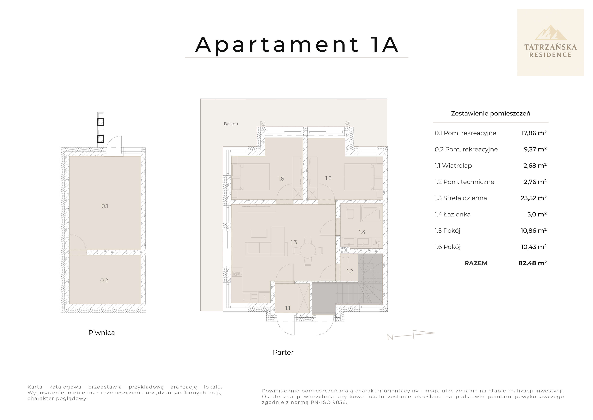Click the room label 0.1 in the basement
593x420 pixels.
[105, 206]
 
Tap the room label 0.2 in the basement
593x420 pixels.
[104, 280]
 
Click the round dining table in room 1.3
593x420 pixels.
[308, 250]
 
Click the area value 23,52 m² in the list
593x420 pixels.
[533, 198]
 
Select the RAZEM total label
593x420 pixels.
[476, 263]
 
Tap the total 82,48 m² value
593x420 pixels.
[532, 263]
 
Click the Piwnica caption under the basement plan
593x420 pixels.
[101, 333]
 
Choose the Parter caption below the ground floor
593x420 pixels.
[283, 352]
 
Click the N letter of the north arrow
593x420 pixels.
[390, 337]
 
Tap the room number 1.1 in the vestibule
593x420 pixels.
[288, 308]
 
